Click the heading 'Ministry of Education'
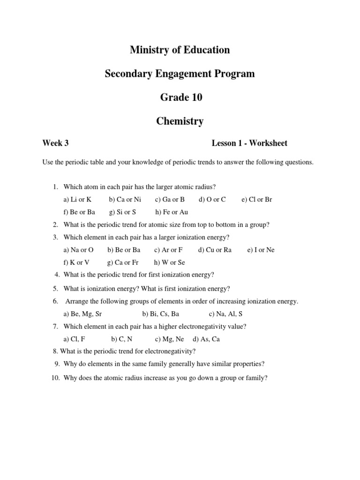[x=180, y=50]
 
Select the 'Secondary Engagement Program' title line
[x=180, y=74]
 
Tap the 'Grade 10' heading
[x=180, y=97]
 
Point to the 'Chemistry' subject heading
[x=180, y=121]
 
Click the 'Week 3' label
[x=55, y=143]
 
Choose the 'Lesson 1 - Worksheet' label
[x=249, y=143]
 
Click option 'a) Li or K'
[x=77, y=199]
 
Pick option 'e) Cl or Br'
[x=256, y=199]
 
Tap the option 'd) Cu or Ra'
[x=215, y=250]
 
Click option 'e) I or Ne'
[x=261, y=250]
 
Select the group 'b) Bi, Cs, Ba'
[x=160, y=314]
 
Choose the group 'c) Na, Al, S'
[x=226, y=314]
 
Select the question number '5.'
[x=55, y=288]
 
